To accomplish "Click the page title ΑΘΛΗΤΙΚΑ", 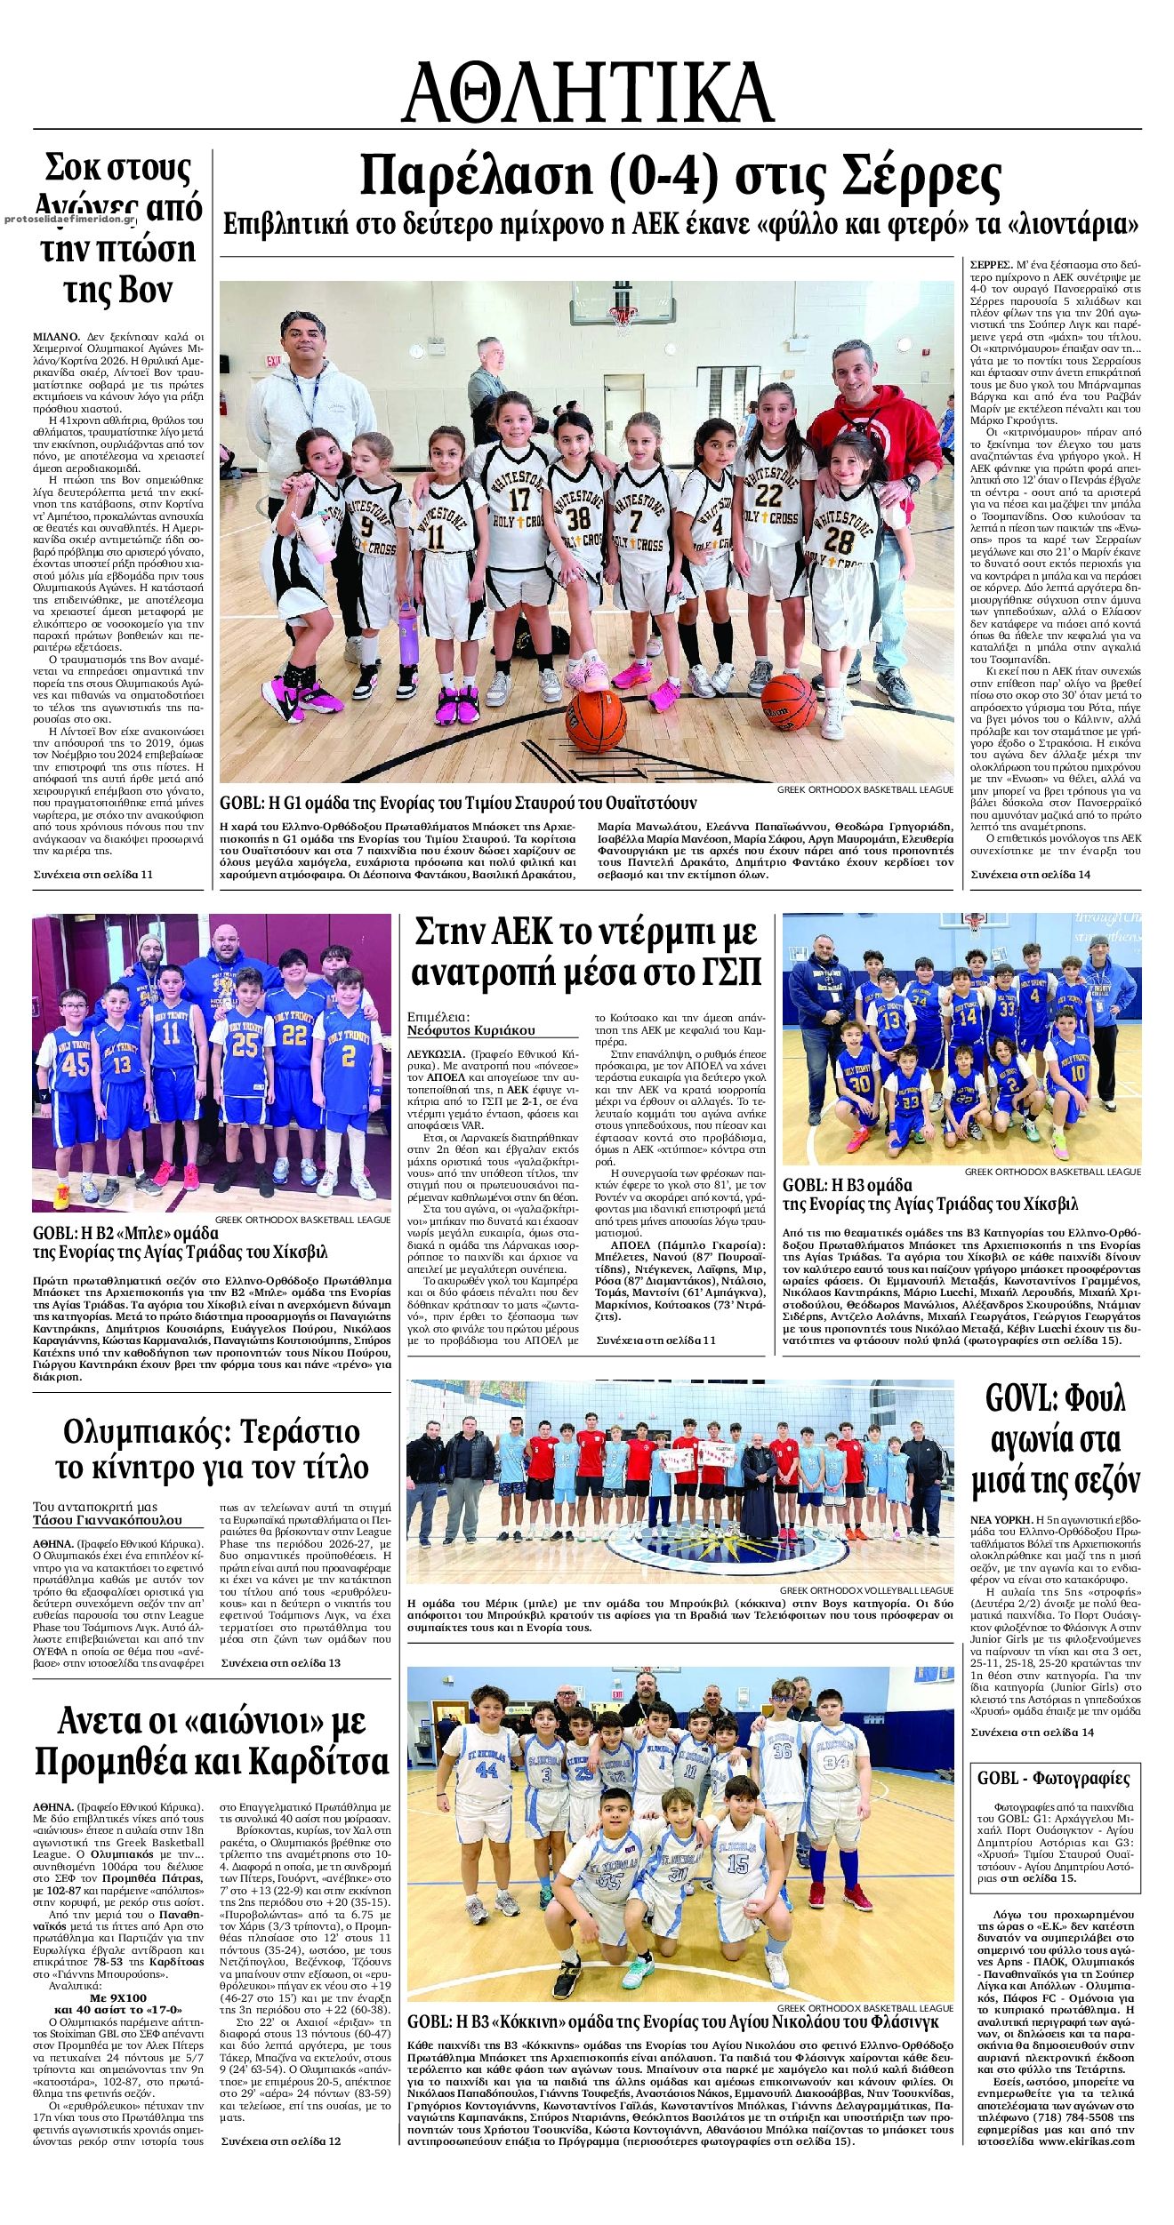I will point(587,92).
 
